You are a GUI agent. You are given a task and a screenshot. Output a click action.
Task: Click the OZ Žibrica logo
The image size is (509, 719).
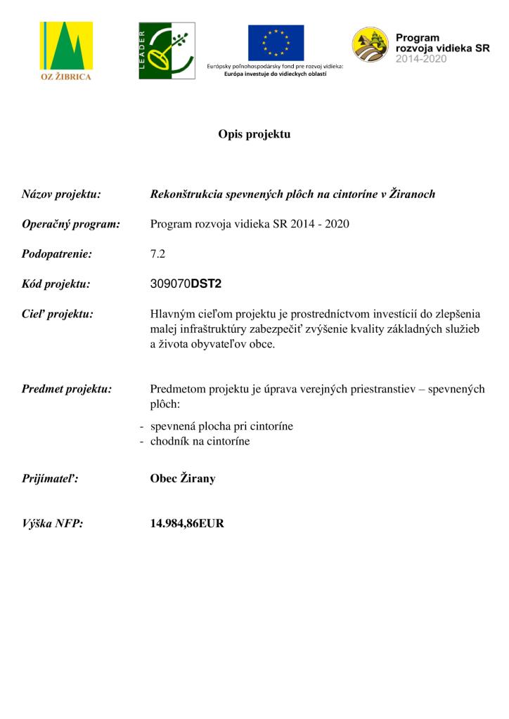tap(67, 51)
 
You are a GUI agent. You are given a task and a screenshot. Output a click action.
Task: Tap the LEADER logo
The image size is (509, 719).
tap(166, 51)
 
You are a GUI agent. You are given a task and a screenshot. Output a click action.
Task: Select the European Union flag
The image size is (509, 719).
tap(276, 43)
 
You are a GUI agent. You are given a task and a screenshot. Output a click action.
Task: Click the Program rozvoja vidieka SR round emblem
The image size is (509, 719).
tap(370, 44)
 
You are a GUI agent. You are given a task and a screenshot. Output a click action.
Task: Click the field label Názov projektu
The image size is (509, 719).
tap(61, 194)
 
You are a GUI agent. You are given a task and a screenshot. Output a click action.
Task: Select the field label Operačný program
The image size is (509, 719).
tap(71, 225)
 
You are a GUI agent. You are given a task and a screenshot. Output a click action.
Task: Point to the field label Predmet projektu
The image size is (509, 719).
tap(67, 389)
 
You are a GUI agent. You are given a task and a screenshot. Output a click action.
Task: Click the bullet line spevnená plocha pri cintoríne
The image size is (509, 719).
tap(221, 426)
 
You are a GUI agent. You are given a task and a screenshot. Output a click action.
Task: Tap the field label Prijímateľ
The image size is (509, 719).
tap(50, 479)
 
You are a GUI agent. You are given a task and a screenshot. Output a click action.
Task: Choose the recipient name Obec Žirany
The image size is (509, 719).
tap(183, 479)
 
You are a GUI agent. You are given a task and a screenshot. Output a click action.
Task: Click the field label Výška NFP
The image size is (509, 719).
tap(53, 523)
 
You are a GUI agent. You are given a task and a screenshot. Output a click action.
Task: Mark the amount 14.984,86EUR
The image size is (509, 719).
tap(187, 523)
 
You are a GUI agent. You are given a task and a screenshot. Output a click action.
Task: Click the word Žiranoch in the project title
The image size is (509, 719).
tap(408, 194)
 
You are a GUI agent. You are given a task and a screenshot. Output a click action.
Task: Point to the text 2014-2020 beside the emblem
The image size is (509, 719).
tap(421, 60)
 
